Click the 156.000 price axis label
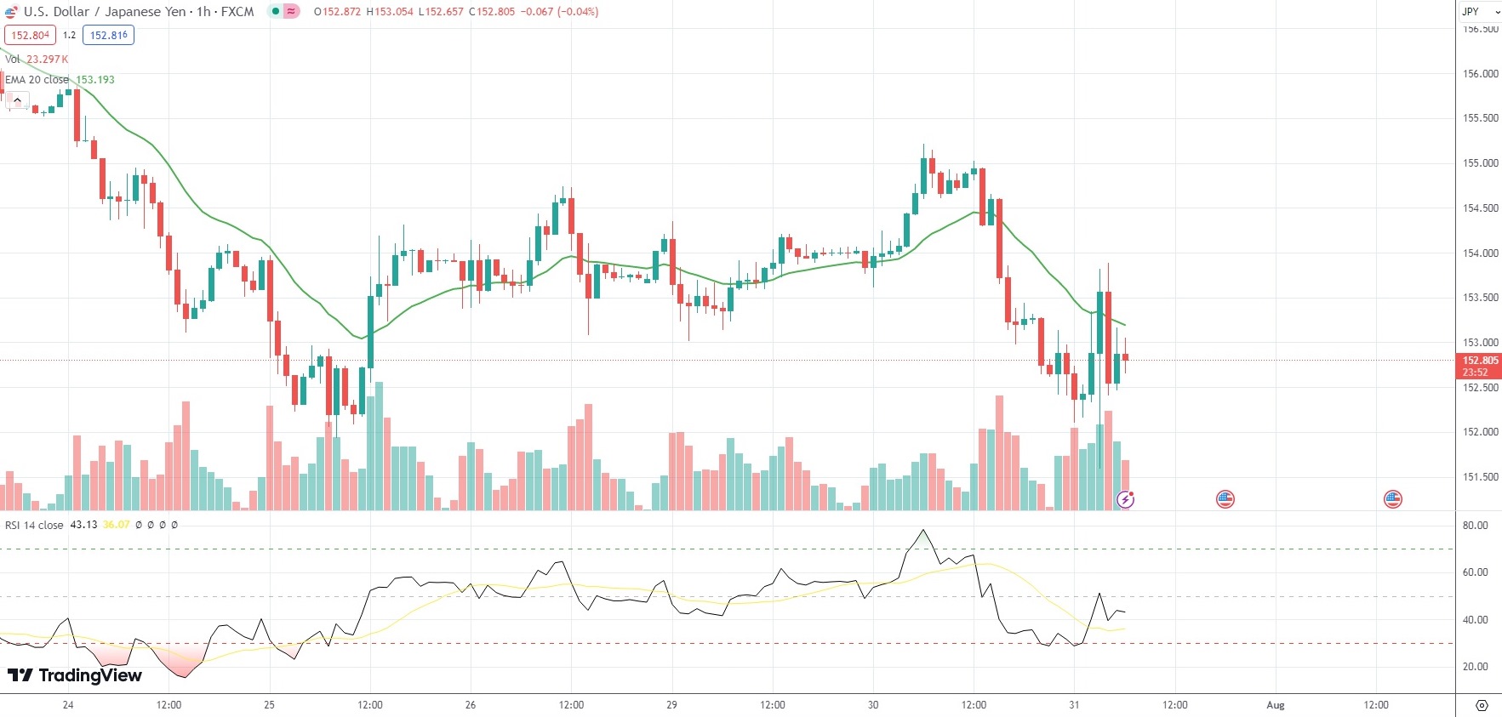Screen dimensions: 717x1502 pyautogui.click(x=1480, y=74)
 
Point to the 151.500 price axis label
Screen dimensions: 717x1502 pyautogui.click(x=1480, y=477)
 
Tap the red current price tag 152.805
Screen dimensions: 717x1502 pyautogui.click(x=1480, y=361)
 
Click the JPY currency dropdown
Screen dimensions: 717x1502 pyautogui.click(x=1480, y=12)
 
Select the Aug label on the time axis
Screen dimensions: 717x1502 pyautogui.click(x=1275, y=705)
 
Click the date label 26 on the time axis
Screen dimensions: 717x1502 pyautogui.click(x=471, y=705)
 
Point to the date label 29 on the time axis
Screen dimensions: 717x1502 pyautogui.click(x=671, y=705)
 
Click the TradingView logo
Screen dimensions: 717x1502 pyautogui.click(x=75, y=675)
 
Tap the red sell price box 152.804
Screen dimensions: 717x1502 pyautogui.click(x=30, y=36)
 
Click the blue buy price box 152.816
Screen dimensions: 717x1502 pyautogui.click(x=108, y=36)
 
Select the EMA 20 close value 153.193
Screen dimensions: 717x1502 pyautogui.click(x=95, y=80)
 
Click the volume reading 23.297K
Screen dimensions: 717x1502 pyautogui.click(x=47, y=60)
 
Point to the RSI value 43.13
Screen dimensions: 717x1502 pyautogui.click(x=83, y=525)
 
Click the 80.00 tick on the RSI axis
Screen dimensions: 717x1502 pyautogui.click(x=1475, y=526)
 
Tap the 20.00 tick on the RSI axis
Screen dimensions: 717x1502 pyautogui.click(x=1475, y=667)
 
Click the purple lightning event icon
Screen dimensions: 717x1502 pyautogui.click(x=1125, y=499)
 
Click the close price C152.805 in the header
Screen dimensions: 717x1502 pyautogui.click(x=492, y=12)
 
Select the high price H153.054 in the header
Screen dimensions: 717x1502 pyautogui.click(x=390, y=12)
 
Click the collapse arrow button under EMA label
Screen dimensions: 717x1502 pyautogui.click(x=17, y=100)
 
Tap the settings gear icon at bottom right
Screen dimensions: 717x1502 pyautogui.click(x=1482, y=705)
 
